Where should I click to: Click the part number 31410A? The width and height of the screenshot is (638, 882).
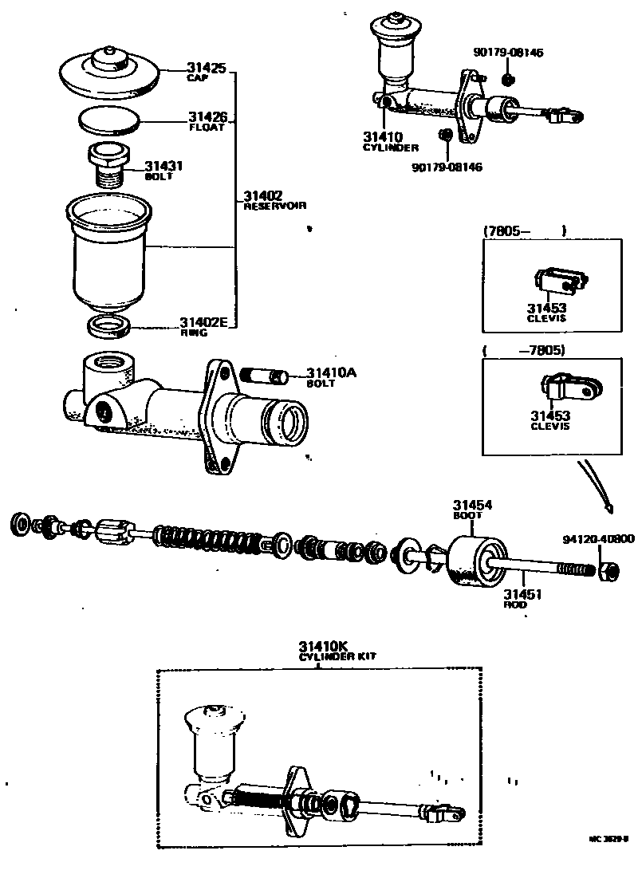click(329, 373)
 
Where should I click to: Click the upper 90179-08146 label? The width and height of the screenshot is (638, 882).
click(508, 53)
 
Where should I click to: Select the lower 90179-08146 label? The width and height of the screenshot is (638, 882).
click(447, 167)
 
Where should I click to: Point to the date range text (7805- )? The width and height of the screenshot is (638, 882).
click(524, 231)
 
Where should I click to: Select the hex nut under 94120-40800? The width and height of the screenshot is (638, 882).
click(605, 572)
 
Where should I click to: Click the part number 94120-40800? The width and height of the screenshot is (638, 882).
click(597, 539)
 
